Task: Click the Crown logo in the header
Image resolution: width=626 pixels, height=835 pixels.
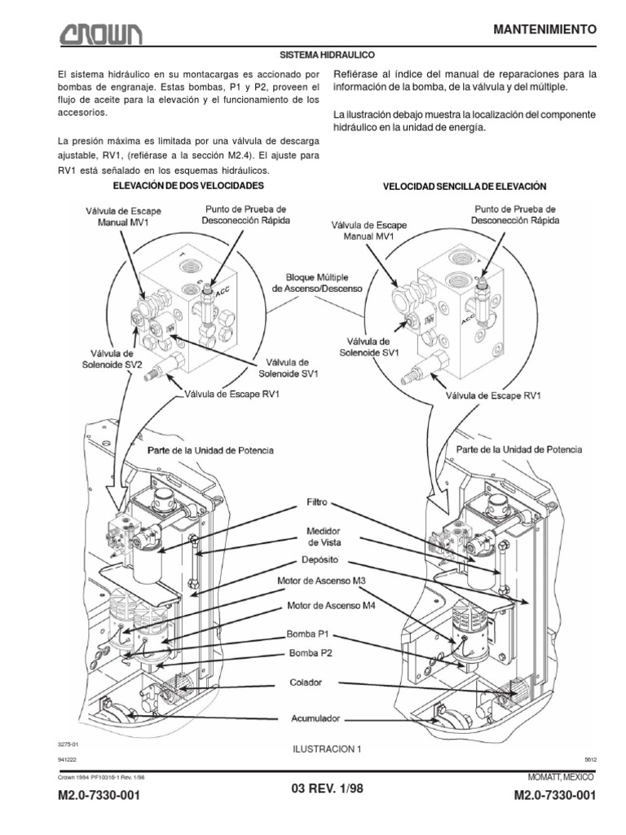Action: [x=99, y=34]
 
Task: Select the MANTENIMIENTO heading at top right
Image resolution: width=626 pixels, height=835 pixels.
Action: [x=546, y=29]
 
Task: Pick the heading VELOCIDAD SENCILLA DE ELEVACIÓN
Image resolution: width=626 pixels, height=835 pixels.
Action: [x=464, y=187]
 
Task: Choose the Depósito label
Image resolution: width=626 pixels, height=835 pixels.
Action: [x=317, y=562]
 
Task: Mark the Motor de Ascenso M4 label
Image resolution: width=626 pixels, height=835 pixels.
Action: [x=324, y=607]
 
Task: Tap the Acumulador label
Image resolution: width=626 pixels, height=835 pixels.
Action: [x=317, y=719]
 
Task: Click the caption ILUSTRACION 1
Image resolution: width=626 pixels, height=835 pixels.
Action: [x=325, y=748]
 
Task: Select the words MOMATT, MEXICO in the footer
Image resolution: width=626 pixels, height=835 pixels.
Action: [x=558, y=775]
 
